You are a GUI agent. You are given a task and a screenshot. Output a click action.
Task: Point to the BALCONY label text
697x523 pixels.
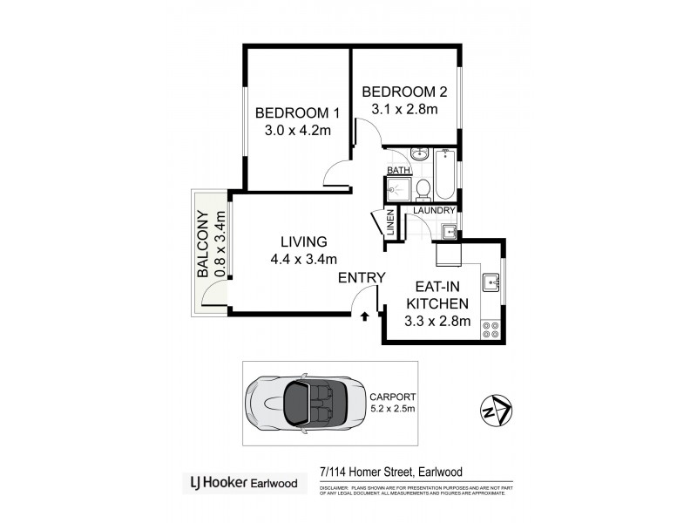pyautogui.click(x=202, y=246)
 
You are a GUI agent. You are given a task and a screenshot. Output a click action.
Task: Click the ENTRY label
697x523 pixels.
pyautogui.click(x=361, y=278)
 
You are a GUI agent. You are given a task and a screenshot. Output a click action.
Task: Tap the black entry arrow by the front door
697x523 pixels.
pyautogui.click(x=363, y=316)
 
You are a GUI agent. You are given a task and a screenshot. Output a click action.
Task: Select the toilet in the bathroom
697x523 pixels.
pyautogui.click(x=422, y=187)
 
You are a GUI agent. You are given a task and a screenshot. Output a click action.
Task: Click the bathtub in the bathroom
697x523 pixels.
pyautogui.click(x=445, y=174)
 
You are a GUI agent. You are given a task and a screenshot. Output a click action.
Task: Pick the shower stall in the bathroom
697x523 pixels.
pyautogui.click(x=397, y=190)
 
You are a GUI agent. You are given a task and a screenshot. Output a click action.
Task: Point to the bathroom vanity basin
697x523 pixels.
pyautogui.click(x=420, y=155)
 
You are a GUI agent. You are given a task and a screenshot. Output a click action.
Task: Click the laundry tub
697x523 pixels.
pyautogui.click(x=449, y=231)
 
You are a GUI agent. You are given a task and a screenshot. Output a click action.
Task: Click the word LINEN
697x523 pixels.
pyautogui.click(x=390, y=223)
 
